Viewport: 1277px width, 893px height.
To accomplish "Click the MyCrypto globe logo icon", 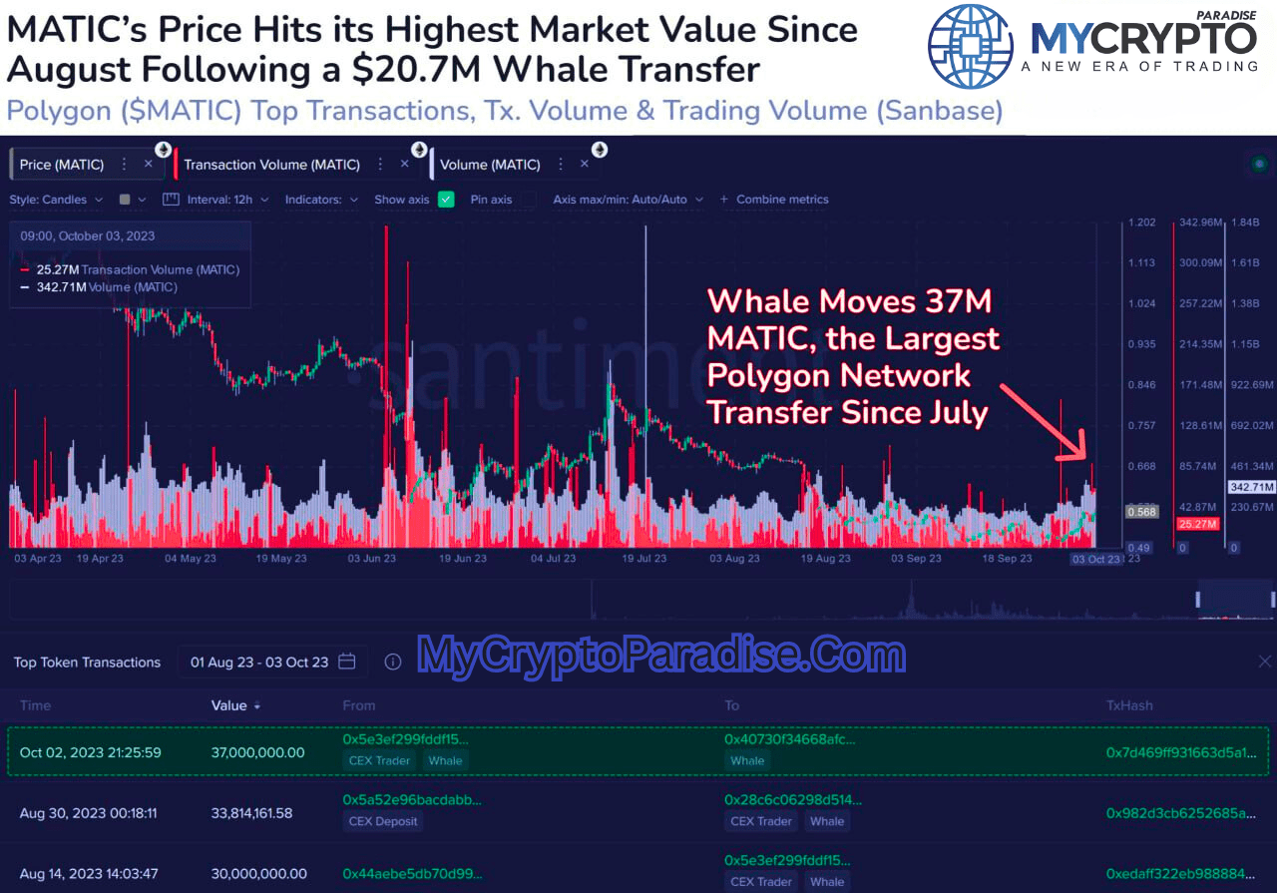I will [x=971, y=46].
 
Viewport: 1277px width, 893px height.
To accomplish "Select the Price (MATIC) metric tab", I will [x=62, y=165].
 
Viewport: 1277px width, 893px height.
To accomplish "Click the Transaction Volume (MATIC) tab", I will [x=271, y=165].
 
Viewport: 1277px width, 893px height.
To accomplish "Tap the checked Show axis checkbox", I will [x=446, y=200].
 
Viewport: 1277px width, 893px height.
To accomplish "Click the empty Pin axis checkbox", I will [x=528, y=200].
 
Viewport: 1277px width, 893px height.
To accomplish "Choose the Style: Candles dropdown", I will [x=56, y=200].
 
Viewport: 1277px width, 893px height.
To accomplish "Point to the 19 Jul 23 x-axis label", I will [x=643, y=559].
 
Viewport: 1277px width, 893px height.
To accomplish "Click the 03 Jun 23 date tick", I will [x=371, y=559].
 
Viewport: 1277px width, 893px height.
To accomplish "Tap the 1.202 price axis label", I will [x=1141, y=223].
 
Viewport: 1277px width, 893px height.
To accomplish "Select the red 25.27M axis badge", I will [x=1195, y=524].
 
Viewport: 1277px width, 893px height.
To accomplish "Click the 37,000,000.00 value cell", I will [x=257, y=752].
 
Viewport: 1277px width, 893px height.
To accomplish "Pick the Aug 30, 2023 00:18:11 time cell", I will [x=90, y=813].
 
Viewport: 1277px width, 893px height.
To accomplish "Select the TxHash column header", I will [x=1128, y=705].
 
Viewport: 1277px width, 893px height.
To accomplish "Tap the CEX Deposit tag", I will [x=384, y=822].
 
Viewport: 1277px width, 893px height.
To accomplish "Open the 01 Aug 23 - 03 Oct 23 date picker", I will [x=272, y=662].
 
